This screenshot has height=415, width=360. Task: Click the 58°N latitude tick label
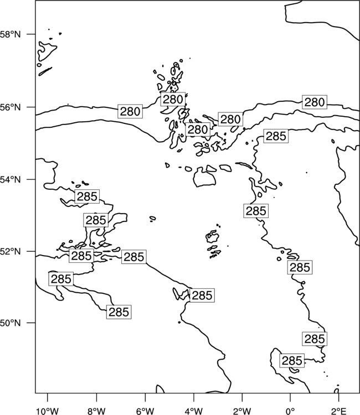click(x=11, y=34)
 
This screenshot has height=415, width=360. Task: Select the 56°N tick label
click(x=11, y=107)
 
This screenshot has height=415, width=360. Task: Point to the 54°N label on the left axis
click(x=11, y=180)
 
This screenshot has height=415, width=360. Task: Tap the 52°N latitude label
click(x=11, y=251)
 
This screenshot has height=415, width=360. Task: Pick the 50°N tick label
click(x=11, y=323)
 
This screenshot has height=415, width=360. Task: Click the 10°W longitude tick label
click(x=48, y=411)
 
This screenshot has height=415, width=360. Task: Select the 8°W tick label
click(x=96, y=411)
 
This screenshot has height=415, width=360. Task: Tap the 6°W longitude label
click(x=145, y=411)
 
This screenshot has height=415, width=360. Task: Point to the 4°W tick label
click(x=194, y=411)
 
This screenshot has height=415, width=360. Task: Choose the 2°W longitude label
click(x=242, y=411)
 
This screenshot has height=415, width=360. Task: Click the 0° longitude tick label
click(x=291, y=411)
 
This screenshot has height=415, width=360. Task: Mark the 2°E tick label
click(x=339, y=411)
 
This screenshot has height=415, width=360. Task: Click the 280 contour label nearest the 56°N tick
click(x=130, y=111)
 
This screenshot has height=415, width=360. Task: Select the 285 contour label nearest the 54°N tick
click(x=87, y=196)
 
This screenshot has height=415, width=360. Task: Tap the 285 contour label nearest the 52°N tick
click(x=81, y=256)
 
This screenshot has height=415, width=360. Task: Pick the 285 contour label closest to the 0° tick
click(x=292, y=360)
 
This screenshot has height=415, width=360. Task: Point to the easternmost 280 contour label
click(x=315, y=102)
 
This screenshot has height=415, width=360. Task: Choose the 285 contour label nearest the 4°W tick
click(x=202, y=295)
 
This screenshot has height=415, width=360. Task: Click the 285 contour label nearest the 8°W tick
click(x=119, y=312)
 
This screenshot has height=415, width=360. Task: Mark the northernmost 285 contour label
click(x=276, y=136)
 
